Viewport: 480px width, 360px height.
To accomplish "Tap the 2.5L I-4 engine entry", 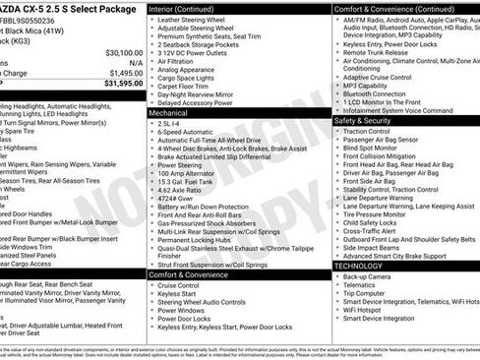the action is click(x=169, y=125).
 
